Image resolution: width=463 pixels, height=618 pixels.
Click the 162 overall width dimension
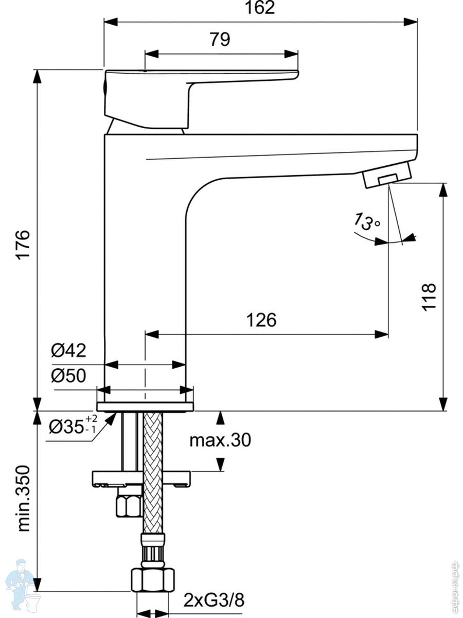click(260, 8)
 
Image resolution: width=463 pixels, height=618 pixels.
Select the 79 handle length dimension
click(219, 40)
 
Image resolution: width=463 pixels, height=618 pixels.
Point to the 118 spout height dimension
click(429, 296)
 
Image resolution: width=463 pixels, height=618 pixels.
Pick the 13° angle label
click(366, 221)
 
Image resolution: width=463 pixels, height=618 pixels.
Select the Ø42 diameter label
click(68, 351)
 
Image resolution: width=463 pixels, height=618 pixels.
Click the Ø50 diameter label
click(68, 376)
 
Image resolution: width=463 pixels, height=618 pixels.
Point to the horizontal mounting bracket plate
click(140, 478)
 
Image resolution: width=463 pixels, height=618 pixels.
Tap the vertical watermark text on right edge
click(454, 582)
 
